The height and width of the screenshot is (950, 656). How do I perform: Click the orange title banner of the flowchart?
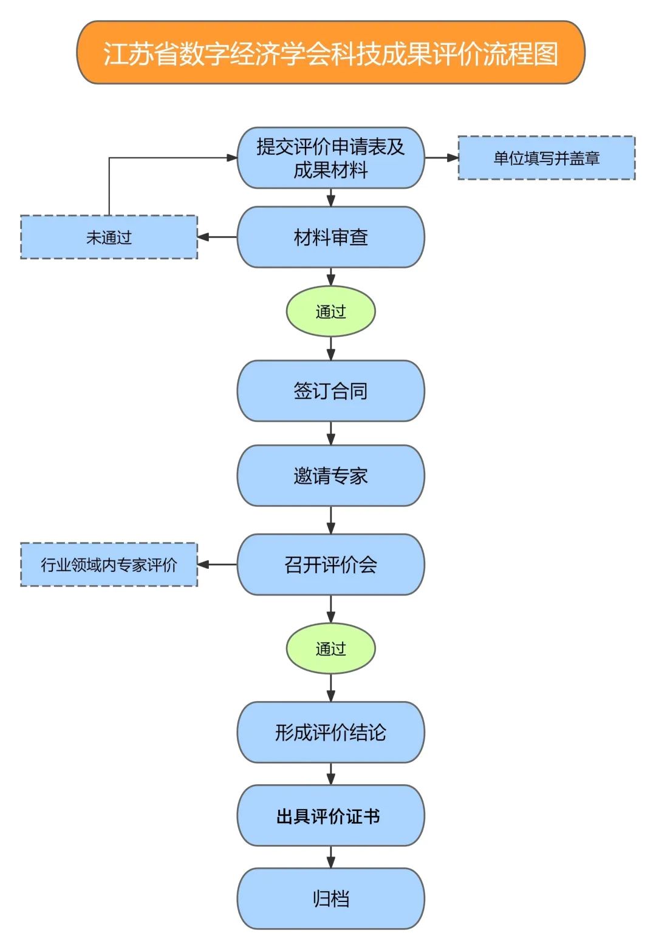(330, 53)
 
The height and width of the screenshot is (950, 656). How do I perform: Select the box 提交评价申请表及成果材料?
(330, 158)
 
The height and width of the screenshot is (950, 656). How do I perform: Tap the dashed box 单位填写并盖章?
(546, 158)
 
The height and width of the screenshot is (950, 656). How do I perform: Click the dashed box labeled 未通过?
(109, 237)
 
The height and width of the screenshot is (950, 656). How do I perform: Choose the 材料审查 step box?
(330, 237)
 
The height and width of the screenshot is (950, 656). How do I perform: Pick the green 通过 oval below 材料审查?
(330, 311)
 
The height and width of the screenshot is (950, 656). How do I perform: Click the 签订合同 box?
(330, 391)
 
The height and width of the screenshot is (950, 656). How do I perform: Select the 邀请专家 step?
(330, 475)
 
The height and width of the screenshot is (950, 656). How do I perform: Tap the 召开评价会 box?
(330, 565)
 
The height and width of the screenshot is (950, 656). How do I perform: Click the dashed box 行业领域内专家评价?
(109, 565)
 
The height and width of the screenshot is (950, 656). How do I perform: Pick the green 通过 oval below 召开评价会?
(330, 648)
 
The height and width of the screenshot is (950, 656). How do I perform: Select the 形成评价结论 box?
(330, 732)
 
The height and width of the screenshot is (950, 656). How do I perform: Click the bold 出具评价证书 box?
(330, 816)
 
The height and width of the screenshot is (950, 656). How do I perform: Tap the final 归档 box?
(330, 898)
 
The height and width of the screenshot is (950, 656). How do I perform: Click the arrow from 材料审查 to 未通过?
(217, 237)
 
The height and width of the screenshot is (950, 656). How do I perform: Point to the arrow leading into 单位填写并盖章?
(442, 158)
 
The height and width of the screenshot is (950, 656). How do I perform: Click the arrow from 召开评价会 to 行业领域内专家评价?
(217, 565)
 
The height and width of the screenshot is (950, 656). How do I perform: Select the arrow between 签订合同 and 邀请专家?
(330, 433)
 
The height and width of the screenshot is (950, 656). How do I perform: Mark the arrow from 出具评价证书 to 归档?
(330, 857)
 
